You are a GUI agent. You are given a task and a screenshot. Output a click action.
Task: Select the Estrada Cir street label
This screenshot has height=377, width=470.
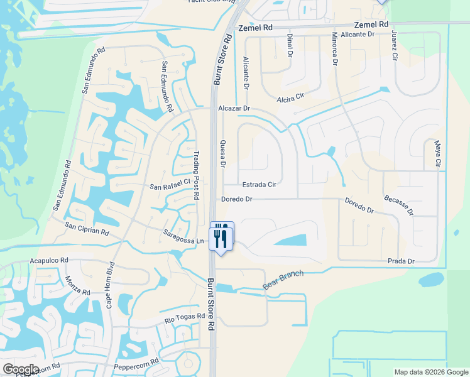[x=260, y=185]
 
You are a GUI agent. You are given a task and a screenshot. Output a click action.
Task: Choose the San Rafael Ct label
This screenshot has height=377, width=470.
[x=170, y=183]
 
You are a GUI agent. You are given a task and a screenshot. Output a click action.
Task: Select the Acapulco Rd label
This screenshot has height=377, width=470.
[x=48, y=260]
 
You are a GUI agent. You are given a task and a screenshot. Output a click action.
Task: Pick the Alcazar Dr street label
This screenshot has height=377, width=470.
[x=234, y=109]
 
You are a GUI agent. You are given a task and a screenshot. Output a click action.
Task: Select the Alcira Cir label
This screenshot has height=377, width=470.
[x=290, y=97]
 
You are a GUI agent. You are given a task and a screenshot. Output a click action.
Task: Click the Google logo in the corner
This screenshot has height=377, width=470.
[x=20, y=369]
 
